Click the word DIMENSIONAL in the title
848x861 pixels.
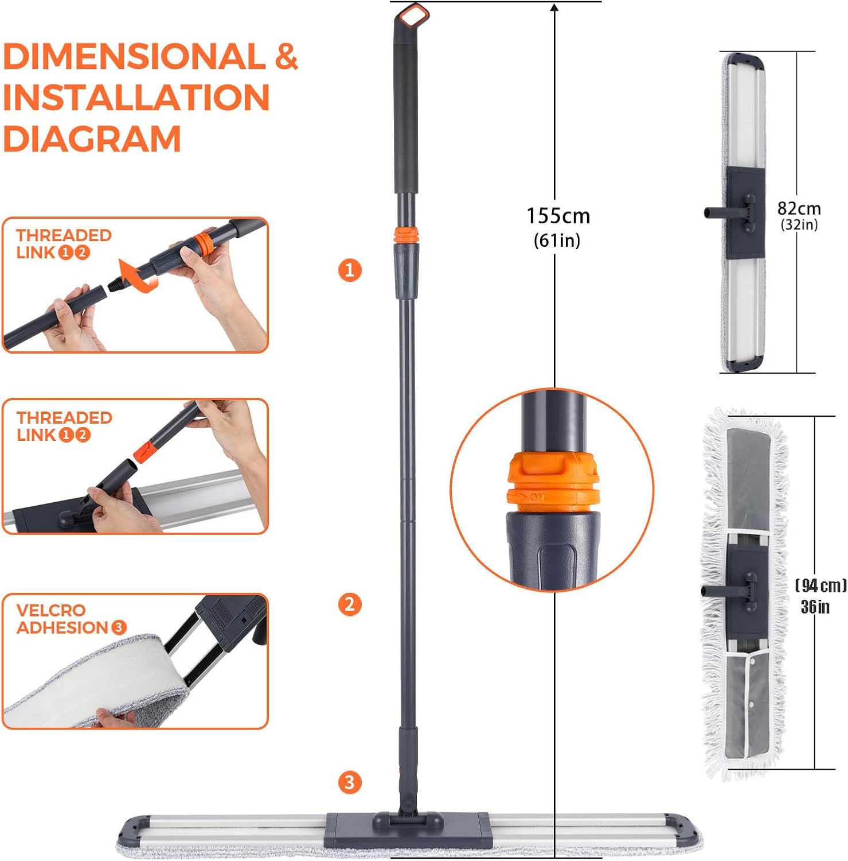(134, 56)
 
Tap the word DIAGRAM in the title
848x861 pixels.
(92, 139)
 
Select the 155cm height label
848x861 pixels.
(558, 216)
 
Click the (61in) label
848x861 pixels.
(557, 240)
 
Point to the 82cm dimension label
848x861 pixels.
(799, 208)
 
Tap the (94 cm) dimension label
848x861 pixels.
(820, 585)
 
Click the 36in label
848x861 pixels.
(815, 607)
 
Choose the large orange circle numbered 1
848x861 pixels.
(350, 270)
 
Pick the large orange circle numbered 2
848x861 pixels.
(350, 604)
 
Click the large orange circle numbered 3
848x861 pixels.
(350, 782)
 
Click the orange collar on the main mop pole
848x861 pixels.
(406, 235)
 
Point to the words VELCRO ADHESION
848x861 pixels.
(71, 619)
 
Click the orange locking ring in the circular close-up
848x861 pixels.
(553, 482)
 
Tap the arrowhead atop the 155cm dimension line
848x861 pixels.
(554, 7)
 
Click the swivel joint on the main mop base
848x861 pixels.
(408, 815)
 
